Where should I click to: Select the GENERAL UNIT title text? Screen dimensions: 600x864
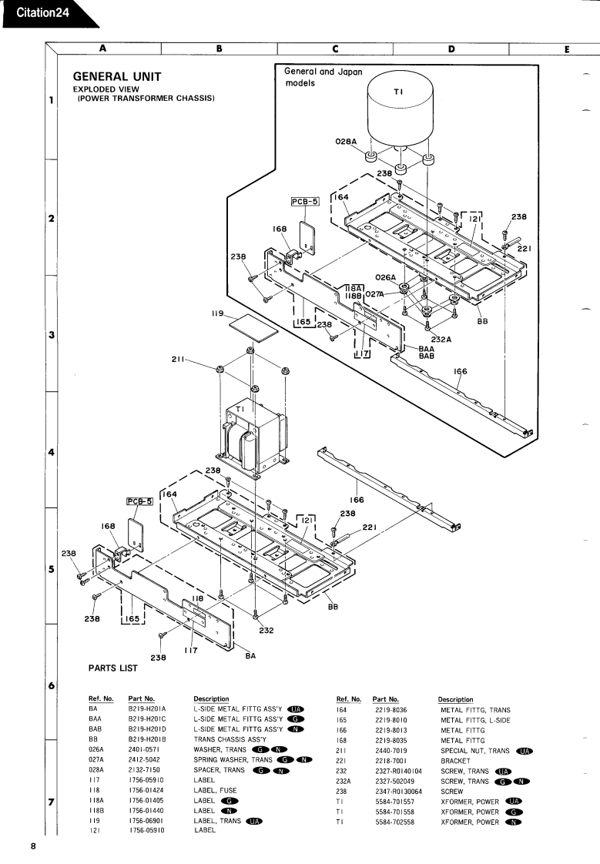(x=117, y=76)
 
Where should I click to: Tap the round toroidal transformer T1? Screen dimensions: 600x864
(x=400, y=110)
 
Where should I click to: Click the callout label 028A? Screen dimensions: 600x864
(x=346, y=142)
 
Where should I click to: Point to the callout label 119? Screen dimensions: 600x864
(x=218, y=313)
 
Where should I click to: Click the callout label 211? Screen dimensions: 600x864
(x=177, y=360)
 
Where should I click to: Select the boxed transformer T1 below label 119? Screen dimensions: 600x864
(x=254, y=435)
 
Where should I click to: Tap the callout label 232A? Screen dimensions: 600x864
(x=441, y=340)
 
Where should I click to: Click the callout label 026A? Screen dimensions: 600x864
(x=386, y=277)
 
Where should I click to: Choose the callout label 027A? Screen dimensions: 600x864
(x=374, y=294)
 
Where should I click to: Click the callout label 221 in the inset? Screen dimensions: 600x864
(x=524, y=248)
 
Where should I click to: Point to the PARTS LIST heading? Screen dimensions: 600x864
(x=113, y=668)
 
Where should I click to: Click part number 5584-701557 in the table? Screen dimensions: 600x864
(x=394, y=802)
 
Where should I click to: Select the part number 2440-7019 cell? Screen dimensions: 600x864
(x=391, y=751)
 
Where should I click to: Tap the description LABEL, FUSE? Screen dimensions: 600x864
(x=215, y=790)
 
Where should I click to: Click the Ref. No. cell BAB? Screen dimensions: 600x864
(x=95, y=729)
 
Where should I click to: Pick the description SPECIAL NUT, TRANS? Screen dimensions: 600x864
(x=475, y=751)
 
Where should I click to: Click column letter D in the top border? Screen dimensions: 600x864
(x=451, y=49)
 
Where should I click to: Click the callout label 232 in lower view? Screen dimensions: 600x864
(x=266, y=631)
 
